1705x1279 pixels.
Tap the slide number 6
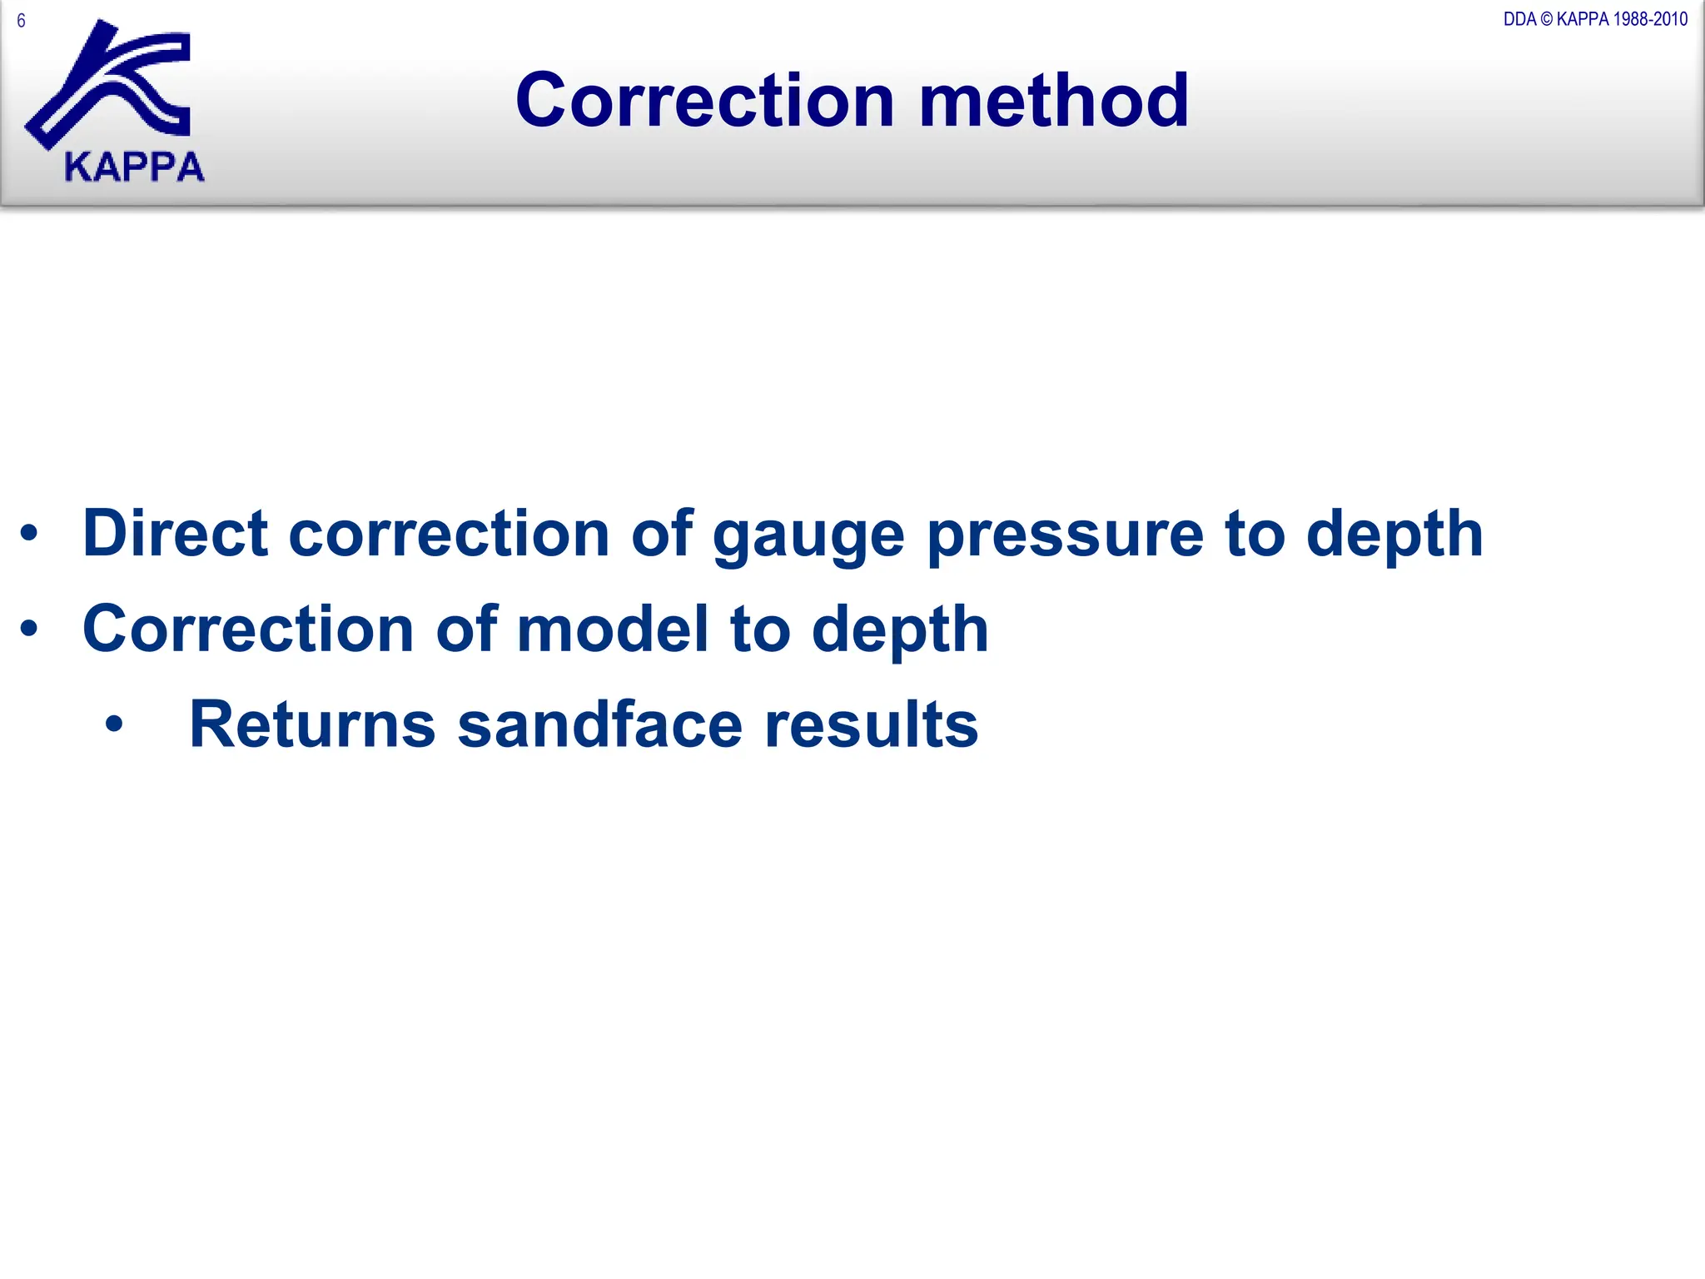tap(21, 21)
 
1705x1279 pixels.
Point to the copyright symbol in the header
tap(1547, 19)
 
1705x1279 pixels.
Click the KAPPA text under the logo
tap(134, 167)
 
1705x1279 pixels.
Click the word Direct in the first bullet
tap(175, 533)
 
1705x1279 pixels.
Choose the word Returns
tap(312, 724)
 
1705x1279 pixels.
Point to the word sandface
tap(599, 724)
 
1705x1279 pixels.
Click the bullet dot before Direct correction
tap(29, 534)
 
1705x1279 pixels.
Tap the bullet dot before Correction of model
tap(29, 629)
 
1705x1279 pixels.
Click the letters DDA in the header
tap(1519, 19)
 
